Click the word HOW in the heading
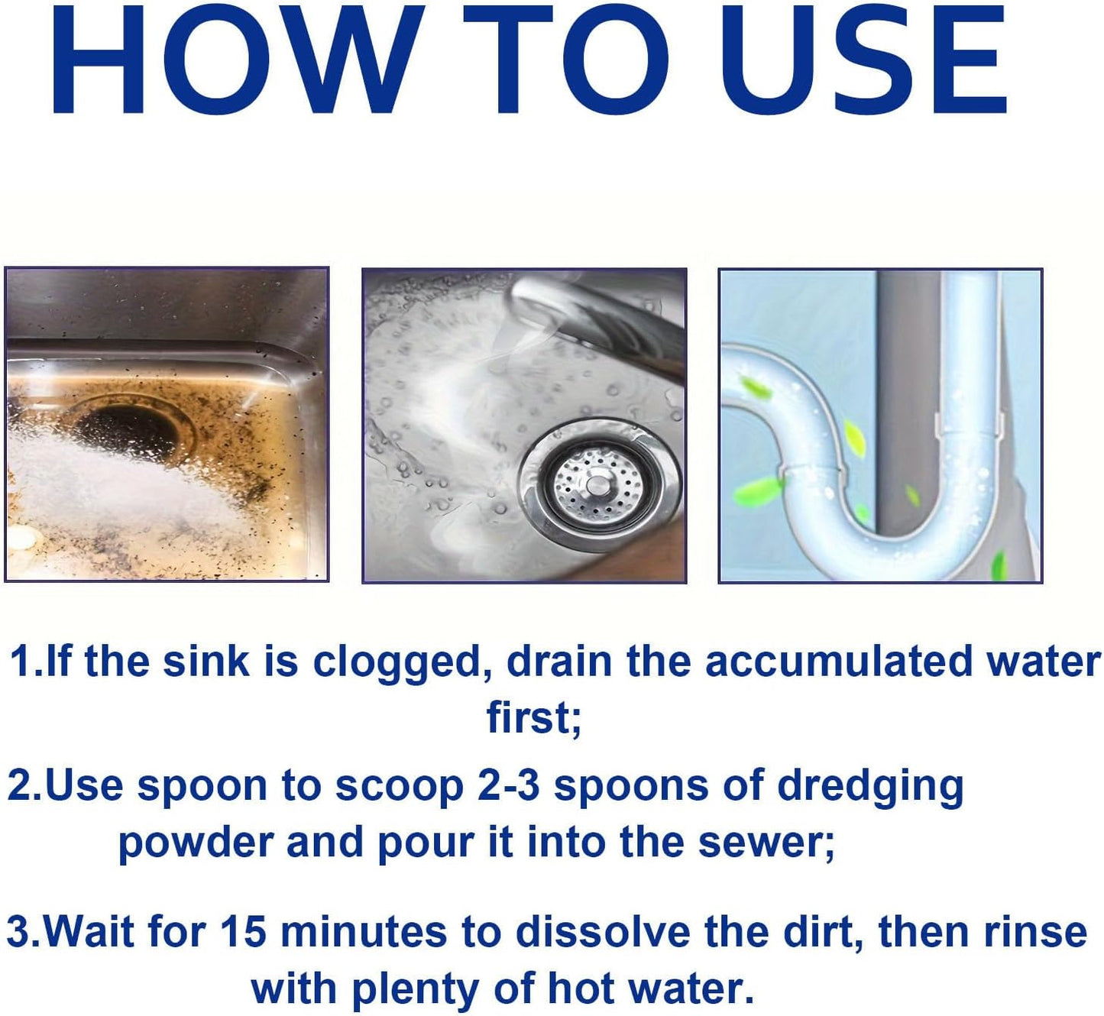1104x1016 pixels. tap(237, 60)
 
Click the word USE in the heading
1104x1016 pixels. tap(863, 60)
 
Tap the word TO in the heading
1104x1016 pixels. tap(565, 60)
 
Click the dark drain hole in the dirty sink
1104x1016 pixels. tap(126, 428)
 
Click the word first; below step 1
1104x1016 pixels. tap(534, 718)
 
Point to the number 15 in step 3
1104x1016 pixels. tap(243, 932)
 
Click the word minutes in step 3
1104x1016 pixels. tap(364, 932)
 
